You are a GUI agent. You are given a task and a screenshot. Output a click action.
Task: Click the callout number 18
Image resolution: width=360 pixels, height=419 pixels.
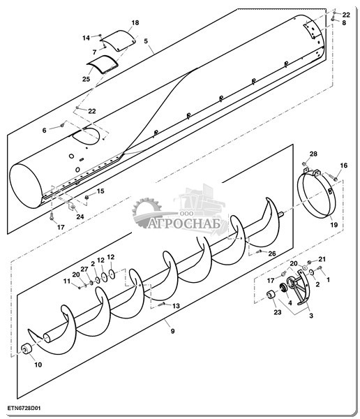point(135,23)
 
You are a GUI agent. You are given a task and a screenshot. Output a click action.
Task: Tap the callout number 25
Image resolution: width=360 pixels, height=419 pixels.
point(86,79)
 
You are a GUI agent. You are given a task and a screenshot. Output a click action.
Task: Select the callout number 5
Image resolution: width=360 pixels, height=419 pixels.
point(146,41)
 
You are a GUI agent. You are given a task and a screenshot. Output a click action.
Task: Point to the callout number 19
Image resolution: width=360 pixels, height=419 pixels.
point(333,225)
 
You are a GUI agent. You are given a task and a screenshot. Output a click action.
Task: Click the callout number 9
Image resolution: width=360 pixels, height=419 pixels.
point(172,331)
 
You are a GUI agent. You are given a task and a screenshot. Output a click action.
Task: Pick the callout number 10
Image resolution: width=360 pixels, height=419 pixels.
point(38,365)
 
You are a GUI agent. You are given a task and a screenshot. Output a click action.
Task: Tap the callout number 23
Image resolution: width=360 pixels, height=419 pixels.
point(278,312)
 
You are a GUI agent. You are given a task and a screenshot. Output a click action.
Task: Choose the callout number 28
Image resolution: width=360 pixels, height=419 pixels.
point(313,154)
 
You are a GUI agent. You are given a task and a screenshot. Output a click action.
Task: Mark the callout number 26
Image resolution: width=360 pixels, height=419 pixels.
point(272,253)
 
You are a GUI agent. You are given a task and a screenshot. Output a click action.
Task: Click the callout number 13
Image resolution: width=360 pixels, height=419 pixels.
point(176,306)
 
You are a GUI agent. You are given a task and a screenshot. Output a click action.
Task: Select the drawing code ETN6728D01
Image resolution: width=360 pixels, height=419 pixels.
point(24,409)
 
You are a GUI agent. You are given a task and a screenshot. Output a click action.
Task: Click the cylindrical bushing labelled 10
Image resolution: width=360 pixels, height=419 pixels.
point(27,349)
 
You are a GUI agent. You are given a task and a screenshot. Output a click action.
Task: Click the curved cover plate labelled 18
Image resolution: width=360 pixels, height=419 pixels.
point(119,41)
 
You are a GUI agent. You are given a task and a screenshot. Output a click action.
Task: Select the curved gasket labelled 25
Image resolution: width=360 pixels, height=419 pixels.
point(103,64)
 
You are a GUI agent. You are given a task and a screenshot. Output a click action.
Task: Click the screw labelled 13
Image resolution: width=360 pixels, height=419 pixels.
point(162,304)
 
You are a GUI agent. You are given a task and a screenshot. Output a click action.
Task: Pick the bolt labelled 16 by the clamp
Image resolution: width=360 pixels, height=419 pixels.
point(333,177)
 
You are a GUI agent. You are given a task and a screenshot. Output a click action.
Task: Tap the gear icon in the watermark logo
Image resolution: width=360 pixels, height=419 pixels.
point(147,213)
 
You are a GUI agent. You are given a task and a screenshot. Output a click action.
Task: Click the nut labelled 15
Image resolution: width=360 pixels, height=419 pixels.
point(87,197)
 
